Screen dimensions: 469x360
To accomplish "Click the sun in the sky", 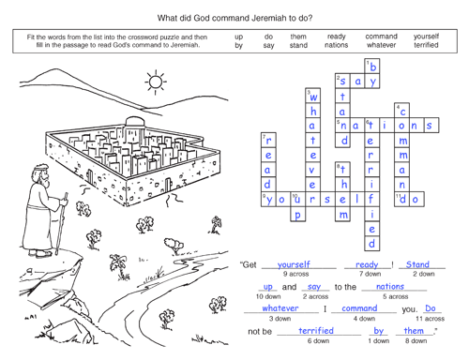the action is tap(156, 82).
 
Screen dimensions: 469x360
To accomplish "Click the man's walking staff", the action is tap(61, 224).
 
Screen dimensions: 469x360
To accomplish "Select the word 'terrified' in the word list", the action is tap(426, 45).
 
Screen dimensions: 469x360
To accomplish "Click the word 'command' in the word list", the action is tap(381, 37).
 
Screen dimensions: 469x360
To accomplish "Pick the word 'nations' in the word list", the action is tap(336, 45).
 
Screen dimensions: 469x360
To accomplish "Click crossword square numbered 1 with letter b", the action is tap(372, 67).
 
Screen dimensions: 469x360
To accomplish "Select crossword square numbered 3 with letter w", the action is tap(312, 96).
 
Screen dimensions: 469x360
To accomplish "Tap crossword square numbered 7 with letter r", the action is tap(268, 141).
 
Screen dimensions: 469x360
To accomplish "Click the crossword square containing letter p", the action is tap(298, 215).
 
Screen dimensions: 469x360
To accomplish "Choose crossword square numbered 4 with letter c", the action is tap(401, 111).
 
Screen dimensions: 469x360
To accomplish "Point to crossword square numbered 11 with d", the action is tap(401, 200).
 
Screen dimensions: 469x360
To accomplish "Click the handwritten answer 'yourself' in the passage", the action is tap(294, 264).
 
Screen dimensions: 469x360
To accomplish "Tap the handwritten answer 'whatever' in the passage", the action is tap(280, 308).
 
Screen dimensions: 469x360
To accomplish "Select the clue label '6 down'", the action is tap(318, 341).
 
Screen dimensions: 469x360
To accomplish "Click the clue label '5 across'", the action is tap(396, 296).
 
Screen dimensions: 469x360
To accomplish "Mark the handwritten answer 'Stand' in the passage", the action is tap(417, 264).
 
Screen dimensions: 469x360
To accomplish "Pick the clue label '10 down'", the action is tap(268, 296).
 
